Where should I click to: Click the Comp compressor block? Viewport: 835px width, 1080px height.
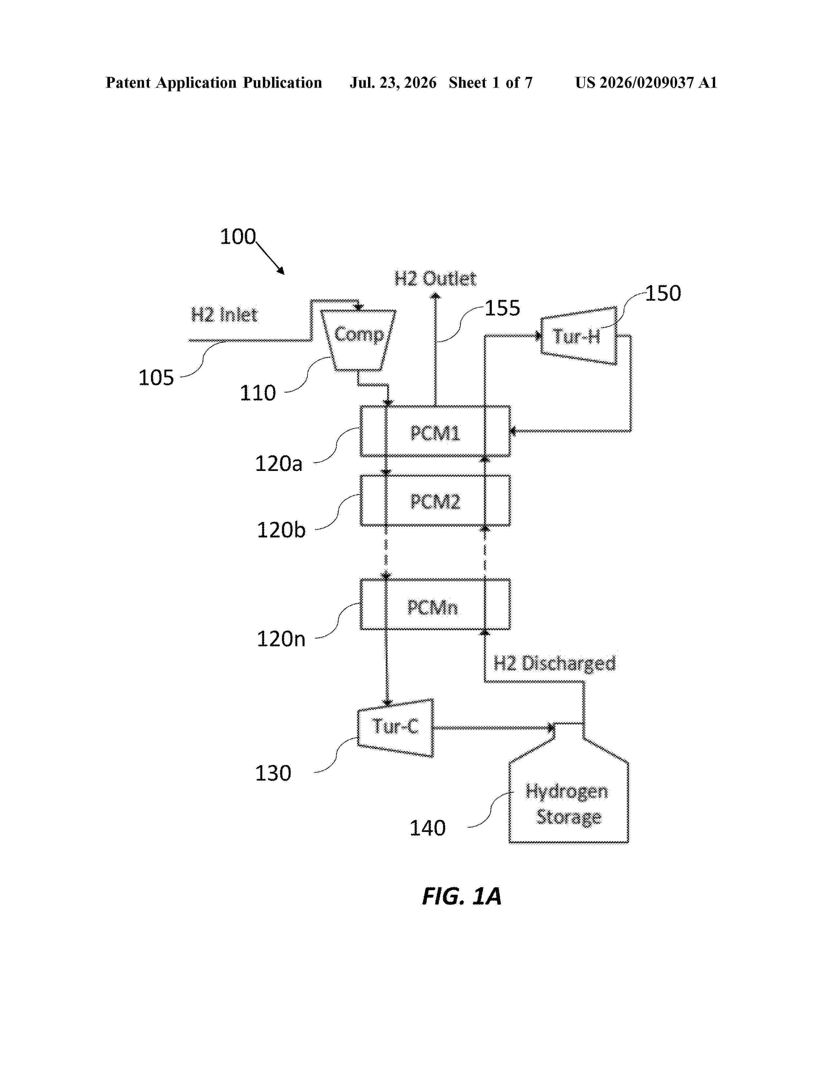359,340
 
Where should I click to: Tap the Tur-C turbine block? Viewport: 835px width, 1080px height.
395,728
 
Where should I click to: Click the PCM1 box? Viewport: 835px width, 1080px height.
435,431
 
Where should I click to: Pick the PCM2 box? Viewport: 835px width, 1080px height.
435,500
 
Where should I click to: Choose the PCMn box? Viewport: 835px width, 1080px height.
435,604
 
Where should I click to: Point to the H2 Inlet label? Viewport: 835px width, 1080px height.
224,315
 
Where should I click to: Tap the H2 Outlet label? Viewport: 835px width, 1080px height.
435,279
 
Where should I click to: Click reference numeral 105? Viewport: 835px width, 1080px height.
156,378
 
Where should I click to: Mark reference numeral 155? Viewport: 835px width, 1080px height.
502,308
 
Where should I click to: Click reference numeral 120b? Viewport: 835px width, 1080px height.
281,530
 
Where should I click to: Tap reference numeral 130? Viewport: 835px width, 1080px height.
273,773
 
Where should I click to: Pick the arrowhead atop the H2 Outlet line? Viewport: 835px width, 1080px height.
435,296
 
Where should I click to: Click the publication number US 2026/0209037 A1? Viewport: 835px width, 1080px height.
646,82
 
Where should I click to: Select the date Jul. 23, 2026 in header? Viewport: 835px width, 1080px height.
393,82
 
